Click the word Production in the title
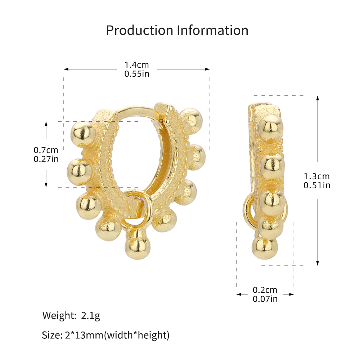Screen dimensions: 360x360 [140, 30]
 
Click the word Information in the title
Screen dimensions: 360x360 [213, 30]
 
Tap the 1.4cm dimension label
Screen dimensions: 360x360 [136, 65]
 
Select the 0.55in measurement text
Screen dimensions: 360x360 [137, 74]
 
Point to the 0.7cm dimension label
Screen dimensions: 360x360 [46, 150]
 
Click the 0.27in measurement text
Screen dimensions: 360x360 [46, 159]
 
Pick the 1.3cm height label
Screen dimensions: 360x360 [317, 176]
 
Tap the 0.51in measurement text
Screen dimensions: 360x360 [317, 185]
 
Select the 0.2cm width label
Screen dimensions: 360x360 [265, 290]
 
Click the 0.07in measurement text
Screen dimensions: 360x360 [265, 299]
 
